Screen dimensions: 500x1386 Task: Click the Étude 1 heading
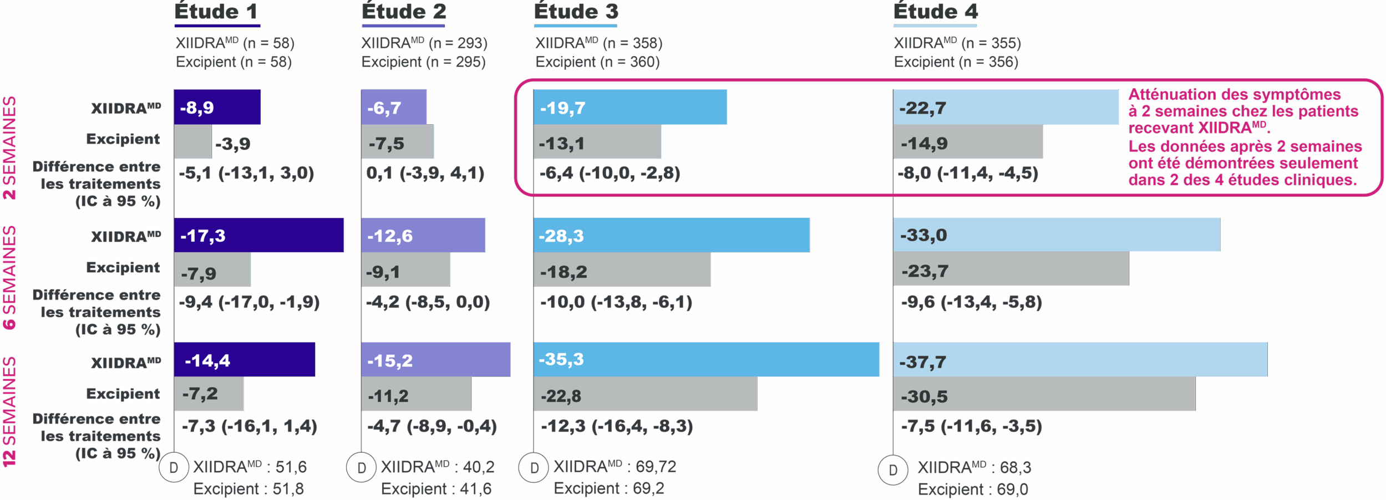pos(216,12)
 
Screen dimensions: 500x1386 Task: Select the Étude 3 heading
pos(576,12)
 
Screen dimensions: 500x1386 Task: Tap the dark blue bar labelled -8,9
pos(217,107)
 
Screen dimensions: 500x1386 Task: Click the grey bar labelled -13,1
pos(597,142)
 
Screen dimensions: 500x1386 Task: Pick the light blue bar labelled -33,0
pos(1056,235)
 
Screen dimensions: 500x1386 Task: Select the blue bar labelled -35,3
pos(706,359)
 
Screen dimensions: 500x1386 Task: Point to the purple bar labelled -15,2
pos(436,360)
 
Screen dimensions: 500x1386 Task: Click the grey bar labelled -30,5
pos(1044,395)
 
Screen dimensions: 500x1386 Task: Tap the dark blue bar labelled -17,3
pos(258,235)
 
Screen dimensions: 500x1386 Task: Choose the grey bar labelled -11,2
pos(416,395)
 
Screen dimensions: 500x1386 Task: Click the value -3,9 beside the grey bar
pos(233,144)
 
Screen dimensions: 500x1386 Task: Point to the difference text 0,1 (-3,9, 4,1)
pos(425,173)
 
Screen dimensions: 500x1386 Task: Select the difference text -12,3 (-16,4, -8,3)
pos(617,426)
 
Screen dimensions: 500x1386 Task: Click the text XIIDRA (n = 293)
pos(424,43)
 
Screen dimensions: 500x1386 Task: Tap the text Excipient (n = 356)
pos(956,62)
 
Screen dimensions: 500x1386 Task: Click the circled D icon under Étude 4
pos(893,470)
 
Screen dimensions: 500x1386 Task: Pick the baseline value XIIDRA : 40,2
pos(437,467)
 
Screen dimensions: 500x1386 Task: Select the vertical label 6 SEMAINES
pos(9,278)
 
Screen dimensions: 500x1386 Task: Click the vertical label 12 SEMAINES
pos(9,411)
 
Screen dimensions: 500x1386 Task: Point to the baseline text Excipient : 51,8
pos(248,489)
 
